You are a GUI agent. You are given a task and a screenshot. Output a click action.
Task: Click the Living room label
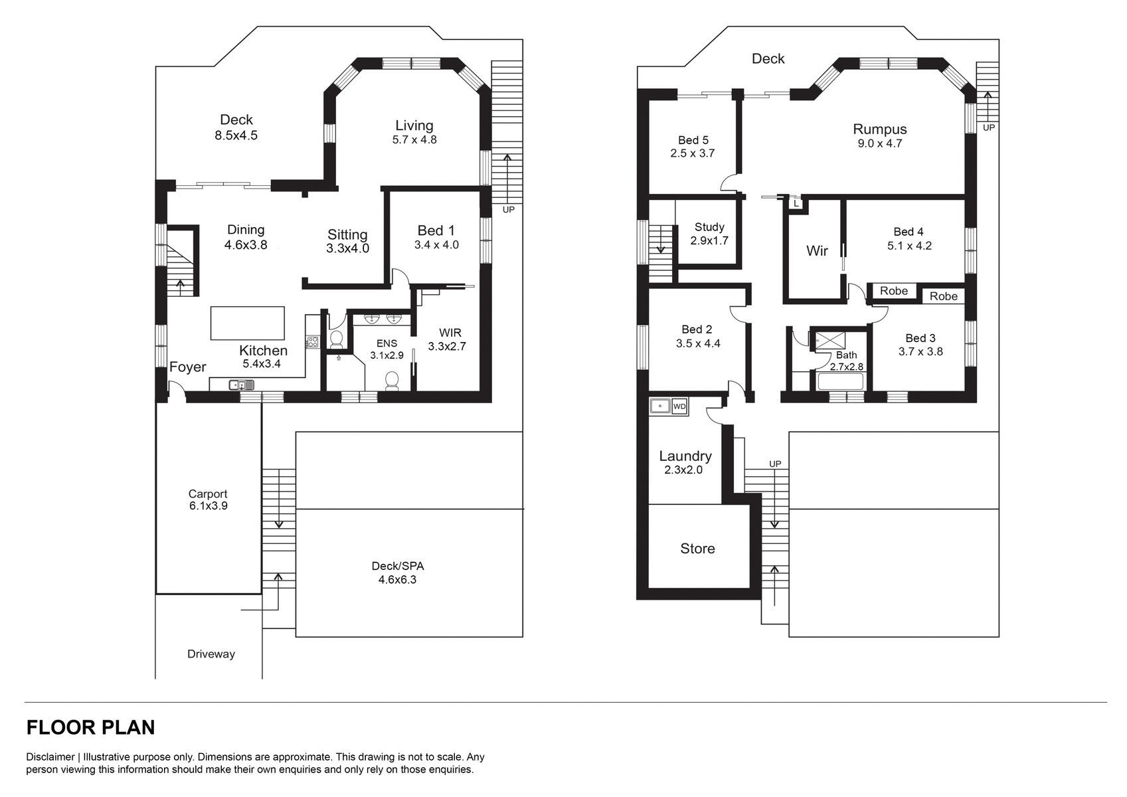[414, 126]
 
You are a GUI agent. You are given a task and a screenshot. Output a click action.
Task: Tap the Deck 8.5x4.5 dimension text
[236, 135]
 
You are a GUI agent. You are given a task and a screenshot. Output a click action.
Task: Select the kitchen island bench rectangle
[248, 323]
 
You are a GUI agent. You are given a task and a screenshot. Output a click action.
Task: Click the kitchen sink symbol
[242, 385]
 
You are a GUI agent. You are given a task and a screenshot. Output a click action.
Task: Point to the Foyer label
[187, 367]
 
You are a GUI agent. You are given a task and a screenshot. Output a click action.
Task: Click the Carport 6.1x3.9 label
[207, 499]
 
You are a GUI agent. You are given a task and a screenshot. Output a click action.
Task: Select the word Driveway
[211, 654]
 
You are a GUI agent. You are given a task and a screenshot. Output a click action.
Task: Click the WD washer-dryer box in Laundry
[679, 406]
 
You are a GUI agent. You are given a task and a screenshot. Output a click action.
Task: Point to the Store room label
[697, 549]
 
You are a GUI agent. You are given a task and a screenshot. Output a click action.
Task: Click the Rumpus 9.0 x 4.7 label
[879, 135]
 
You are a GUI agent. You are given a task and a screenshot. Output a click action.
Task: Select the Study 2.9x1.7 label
[709, 234]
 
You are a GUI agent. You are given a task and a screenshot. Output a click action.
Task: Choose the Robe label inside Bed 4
[893, 291]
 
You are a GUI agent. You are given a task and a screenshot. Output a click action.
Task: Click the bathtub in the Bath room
[840, 382]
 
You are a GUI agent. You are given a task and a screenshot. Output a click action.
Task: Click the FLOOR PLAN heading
[90, 728]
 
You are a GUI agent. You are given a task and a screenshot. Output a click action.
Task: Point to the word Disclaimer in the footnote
[50, 757]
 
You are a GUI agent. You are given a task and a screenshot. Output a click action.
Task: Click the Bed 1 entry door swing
[400, 276]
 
